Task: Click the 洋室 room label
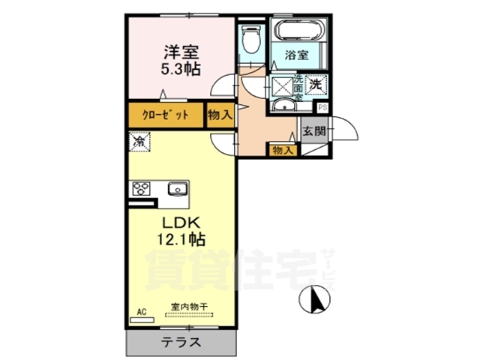[180, 52]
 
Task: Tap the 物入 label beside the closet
[220, 115]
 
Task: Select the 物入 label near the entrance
[283, 150]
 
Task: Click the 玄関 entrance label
[313, 130]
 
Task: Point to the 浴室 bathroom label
[297, 54]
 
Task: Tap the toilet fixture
[251, 38]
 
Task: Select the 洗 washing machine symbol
[316, 84]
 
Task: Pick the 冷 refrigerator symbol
[139, 140]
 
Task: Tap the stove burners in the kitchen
[142, 189]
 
